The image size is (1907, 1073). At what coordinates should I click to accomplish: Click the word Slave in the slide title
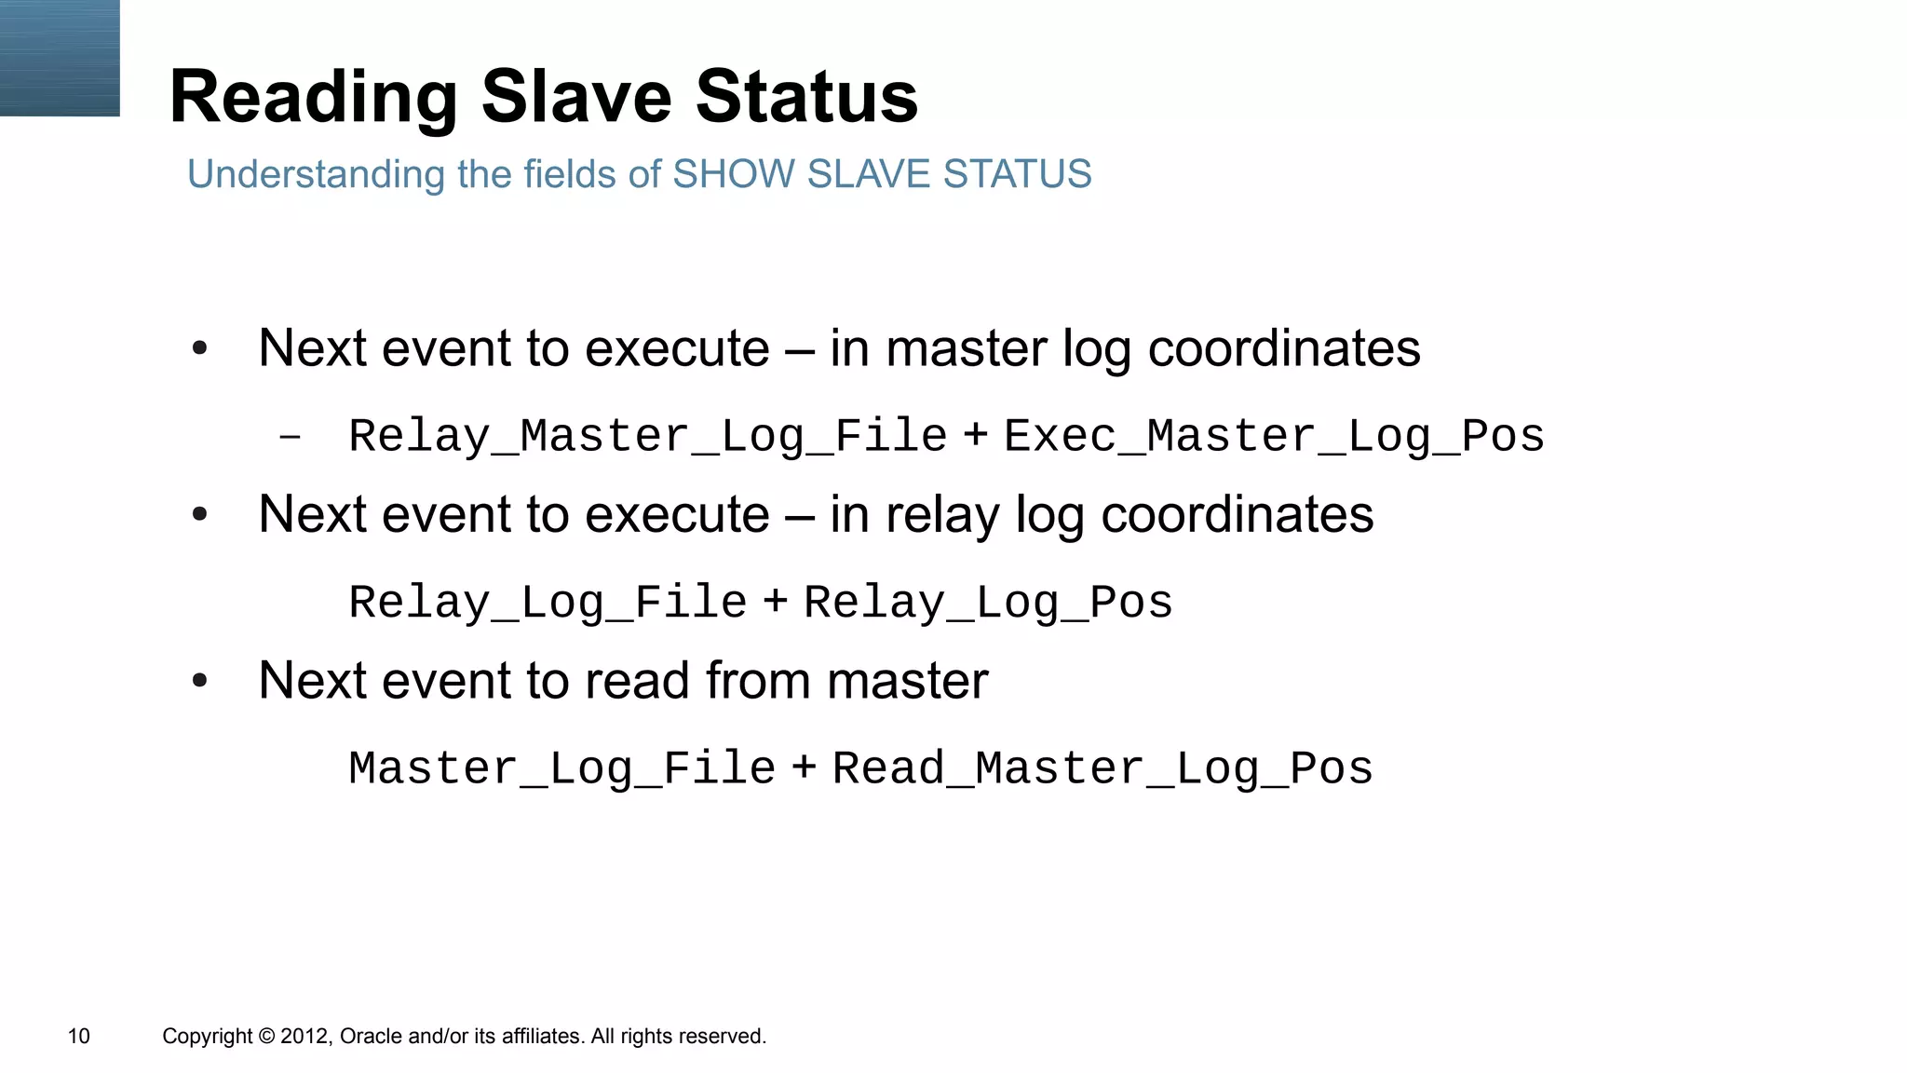pos(575,97)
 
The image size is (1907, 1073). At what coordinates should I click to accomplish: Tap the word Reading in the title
pos(314,99)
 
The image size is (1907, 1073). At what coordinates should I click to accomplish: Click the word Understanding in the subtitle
pos(316,175)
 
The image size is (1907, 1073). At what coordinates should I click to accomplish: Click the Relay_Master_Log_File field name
pos(647,436)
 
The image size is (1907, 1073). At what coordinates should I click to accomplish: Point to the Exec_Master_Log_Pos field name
pos(1274,436)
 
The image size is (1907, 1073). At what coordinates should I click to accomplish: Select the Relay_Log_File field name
pos(548,602)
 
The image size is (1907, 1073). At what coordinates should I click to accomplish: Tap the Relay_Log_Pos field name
pos(988,602)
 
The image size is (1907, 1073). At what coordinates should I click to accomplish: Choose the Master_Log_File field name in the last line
pos(561,768)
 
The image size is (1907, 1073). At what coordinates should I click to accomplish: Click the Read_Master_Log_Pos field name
pos(1102,768)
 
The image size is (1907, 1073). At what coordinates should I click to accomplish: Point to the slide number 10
pos(79,1036)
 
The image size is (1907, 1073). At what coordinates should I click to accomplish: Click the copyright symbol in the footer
pos(266,1036)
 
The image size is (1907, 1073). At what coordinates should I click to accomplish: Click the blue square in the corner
pos(60,58)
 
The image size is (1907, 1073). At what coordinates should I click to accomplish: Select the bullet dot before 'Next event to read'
pos(199,681)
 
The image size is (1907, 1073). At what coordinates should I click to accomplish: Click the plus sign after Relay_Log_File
pos(775,601)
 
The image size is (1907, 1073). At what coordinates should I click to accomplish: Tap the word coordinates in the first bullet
pos(1283,348)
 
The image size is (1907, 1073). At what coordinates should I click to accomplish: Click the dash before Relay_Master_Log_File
pos(290,436)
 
